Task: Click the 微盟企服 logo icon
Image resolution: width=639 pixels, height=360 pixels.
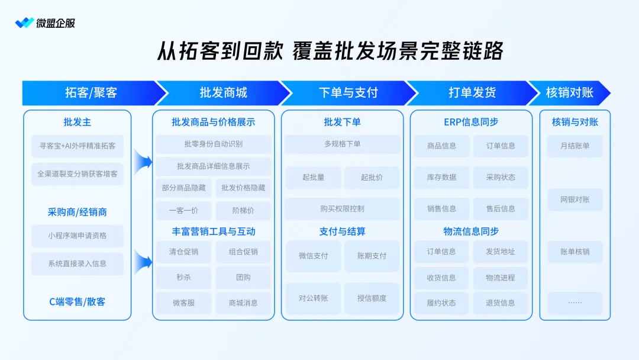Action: [24, 23]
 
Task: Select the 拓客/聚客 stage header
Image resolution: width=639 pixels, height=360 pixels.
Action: [91, 93]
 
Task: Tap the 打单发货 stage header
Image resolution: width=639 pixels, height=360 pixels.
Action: [472, 93]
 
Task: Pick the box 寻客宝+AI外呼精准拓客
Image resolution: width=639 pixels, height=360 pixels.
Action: [78, 146]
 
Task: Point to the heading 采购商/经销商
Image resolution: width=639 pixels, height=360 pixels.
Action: [78, 212]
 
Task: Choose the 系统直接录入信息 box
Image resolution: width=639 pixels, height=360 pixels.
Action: [78, 263]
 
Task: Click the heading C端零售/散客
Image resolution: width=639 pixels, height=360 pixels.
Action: [78, 301]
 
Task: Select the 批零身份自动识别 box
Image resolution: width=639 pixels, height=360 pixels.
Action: [214, 144]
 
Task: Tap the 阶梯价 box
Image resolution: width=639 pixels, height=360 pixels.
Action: [243, 210]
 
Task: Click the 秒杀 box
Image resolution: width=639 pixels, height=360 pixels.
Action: [183, 277]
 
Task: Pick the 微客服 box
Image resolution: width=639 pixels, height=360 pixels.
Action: [183, 303]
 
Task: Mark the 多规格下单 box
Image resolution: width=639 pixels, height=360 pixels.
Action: [342, 144]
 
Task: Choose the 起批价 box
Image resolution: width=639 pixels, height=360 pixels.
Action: [372, 177]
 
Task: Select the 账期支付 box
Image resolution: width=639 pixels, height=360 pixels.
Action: [372, 256]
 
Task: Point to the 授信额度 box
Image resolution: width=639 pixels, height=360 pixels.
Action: [372, 298]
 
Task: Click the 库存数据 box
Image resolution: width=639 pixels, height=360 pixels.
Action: [441, 177]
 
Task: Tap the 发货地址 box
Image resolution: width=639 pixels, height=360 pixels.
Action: [501, 252]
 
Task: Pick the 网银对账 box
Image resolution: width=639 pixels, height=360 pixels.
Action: [575, 200]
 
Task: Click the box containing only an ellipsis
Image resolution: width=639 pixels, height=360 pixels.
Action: [575, 303]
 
